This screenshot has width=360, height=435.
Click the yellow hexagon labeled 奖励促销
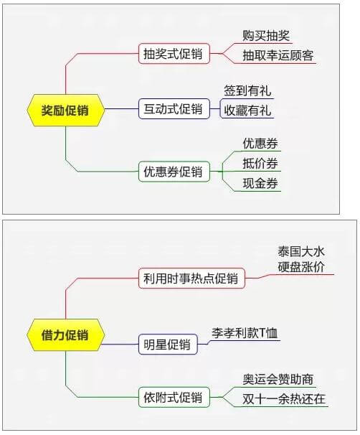(x=66, y=110)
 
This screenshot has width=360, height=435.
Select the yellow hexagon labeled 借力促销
(x=66, y=335)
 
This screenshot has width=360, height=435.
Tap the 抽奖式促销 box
(x=174, y=54)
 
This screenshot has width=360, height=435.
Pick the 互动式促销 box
(x=174, y=109)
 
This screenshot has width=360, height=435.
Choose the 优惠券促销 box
(x=174, y=172)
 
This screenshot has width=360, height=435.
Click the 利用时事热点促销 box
(x=191, y=279)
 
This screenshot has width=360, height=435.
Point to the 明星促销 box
(x=168, y=345)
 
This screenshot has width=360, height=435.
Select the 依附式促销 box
(x=174, y=397)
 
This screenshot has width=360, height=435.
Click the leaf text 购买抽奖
(x=266, y=35)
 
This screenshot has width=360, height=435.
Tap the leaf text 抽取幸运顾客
(x=278, y=55)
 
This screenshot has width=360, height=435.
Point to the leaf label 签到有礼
(x=247, y=90)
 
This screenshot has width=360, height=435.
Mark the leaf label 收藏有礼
(x=247, y=111)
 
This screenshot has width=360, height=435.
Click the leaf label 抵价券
(x=260, y=163)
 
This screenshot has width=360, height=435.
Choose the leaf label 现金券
(x=260, y=183)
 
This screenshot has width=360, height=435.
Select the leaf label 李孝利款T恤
(x=245, y=333)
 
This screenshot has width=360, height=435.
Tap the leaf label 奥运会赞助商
(x=278, y=379)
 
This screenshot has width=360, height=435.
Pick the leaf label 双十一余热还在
(x=284, y=399)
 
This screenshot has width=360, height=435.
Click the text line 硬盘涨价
(x=301, y=266)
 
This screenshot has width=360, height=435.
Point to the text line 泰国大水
(x=301, y=252)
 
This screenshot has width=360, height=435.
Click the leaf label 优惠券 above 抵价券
(x=260, y=144)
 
